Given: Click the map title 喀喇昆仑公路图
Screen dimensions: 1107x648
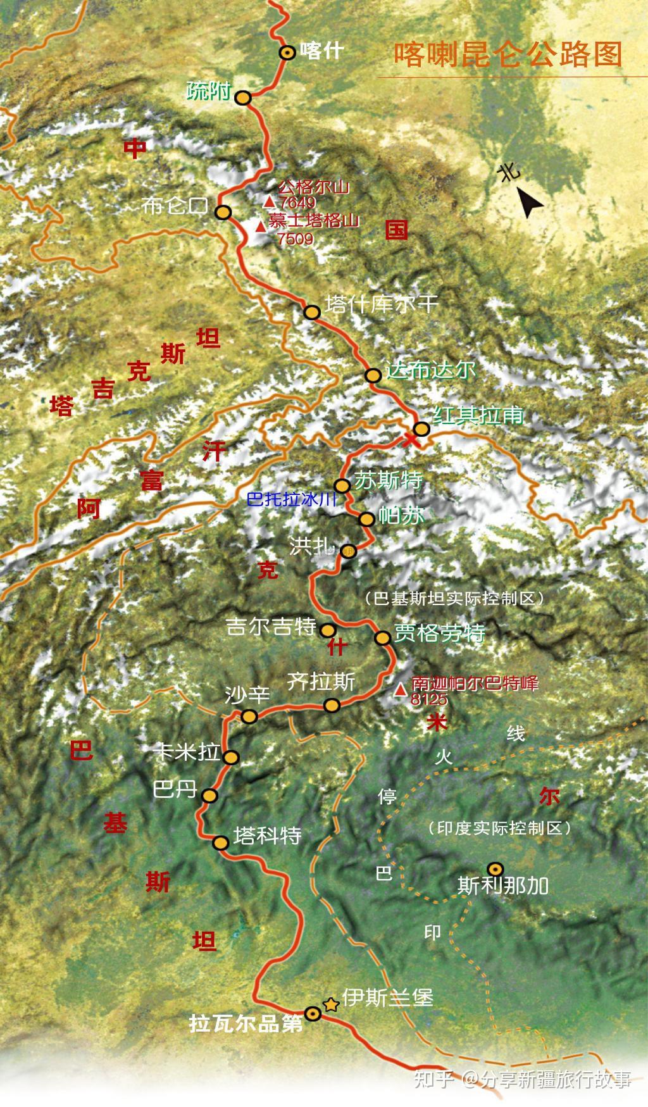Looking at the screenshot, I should (x=508, y=55).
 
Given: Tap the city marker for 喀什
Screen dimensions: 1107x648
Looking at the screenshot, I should (x=288, y=53).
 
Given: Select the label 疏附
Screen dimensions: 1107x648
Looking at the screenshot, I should (x=209, y=92).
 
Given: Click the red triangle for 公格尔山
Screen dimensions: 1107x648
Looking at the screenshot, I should (x=270, y=202).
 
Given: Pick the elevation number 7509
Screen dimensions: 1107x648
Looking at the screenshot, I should (x=295, y=239).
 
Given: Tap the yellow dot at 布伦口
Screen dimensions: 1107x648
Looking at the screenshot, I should (x=223, y=212).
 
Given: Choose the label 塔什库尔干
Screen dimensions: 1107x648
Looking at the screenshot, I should (x=382, y=304).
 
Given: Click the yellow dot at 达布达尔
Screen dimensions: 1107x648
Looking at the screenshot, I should (x=373, y=375).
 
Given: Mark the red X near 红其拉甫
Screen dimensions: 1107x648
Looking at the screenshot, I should (x=411, y=439).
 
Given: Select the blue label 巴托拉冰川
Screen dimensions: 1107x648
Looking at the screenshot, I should (x=293, y=499).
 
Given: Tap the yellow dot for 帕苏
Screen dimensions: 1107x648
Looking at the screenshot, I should (x=366, y=519).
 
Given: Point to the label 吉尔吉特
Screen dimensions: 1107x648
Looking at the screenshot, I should (x=271, y=627).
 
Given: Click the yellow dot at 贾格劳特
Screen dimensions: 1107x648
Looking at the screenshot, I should (x=382, y=637).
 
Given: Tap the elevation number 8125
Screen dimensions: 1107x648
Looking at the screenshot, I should (x=429, y=699).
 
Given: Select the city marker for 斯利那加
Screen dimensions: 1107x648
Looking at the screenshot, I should (x=494, y=868).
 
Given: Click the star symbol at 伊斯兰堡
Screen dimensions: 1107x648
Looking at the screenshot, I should (x=330, y=1004).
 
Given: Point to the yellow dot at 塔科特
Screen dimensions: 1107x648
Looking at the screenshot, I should (x=221, y=842).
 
